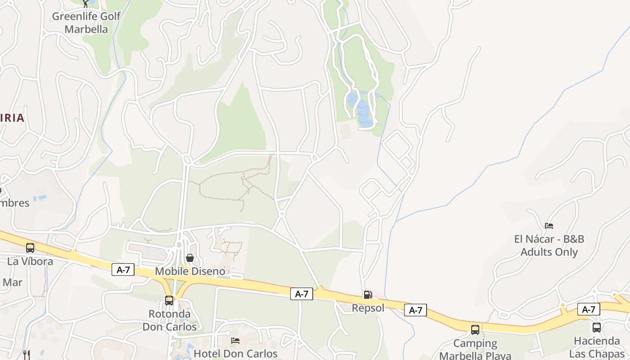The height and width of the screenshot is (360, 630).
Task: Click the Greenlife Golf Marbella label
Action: pyautogui.click(x=86, y=23)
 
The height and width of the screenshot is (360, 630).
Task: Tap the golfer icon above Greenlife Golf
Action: pyautogui.click(x=86, y=4)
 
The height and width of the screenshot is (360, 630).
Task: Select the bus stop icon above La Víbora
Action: pyautogui.click(x=30, y=248)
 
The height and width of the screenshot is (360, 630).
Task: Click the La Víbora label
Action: pyautogui.click(x=30, y=261)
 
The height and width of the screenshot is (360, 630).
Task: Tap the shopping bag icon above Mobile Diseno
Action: pyautogui.click(x=190, y=258)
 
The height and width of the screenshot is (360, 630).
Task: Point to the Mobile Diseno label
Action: pyautogui.click(x=190, y=271)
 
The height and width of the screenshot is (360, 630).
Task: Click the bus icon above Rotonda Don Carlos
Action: pyautogui.click(x=169, y=300)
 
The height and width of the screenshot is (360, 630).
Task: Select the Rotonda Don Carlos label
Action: pyautogui.click(x=170, y=320)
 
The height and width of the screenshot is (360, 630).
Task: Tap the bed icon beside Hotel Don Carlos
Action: pyautogui.click(x=235, y=341)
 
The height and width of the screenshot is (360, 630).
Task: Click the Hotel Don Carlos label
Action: pyautogui.click(x=235, y=354)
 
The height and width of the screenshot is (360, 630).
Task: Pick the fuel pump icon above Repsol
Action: pyautogui.click(x=368, y=295)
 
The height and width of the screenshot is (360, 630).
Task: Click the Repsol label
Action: pyautogui.click(x=368, y=308)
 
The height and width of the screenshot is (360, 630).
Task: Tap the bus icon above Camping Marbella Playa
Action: pyautogui.click(x=475, y=330)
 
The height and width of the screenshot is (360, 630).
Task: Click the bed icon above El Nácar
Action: pyautogui.click(x=549, y=226)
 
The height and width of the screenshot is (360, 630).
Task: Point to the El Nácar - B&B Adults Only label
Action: pyautogui.click(x=549, y=245)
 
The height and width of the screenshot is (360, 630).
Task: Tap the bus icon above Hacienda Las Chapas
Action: pyautogui.click(x=597, y=328)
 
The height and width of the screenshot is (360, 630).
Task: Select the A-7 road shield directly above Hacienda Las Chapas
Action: pyautogui.click(x=589, y=309)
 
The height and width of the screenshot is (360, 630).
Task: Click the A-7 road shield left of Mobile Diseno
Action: pyautogui.click(x=123, y=270)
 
